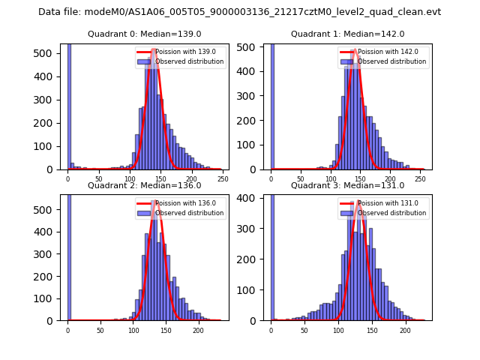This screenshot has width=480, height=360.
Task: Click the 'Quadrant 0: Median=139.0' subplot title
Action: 144,34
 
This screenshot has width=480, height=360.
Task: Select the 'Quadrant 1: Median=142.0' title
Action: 347,34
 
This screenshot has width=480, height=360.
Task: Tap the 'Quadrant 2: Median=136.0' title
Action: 144,185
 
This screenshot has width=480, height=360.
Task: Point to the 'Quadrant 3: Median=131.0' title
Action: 347,185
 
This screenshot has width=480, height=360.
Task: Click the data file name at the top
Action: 239,12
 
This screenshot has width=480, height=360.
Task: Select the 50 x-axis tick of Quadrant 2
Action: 100,330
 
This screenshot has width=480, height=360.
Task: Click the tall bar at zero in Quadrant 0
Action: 68,105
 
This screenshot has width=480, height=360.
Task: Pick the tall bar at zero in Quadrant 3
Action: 271,255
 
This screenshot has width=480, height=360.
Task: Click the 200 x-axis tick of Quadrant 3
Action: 405,330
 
